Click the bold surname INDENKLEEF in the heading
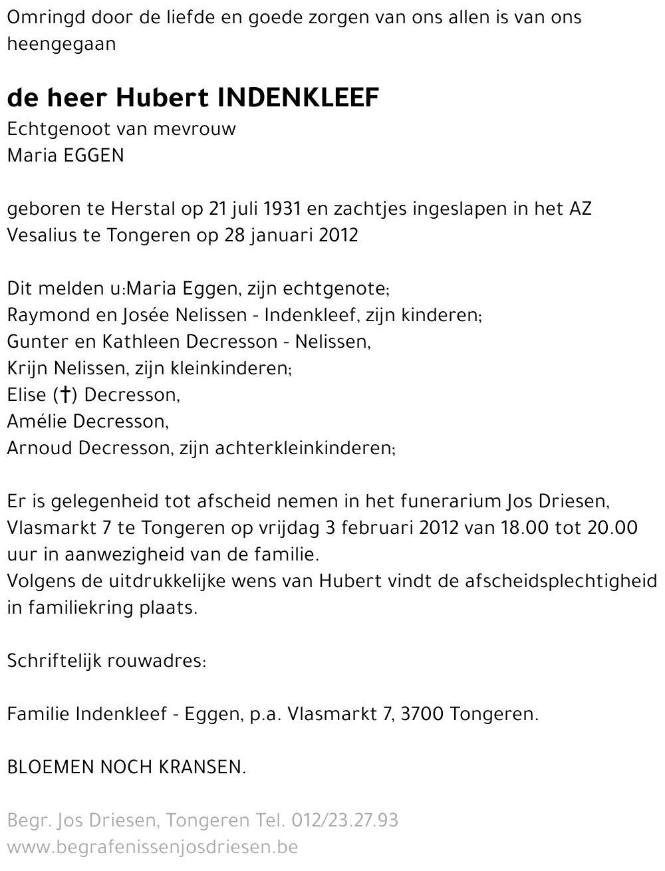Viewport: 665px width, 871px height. (299, 98)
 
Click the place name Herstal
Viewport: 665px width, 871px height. (138, 209)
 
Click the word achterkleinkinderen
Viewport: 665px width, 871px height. (304, 448)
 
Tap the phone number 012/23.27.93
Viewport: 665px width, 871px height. (345, 820)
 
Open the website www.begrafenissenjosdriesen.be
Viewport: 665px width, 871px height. (152, 847)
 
